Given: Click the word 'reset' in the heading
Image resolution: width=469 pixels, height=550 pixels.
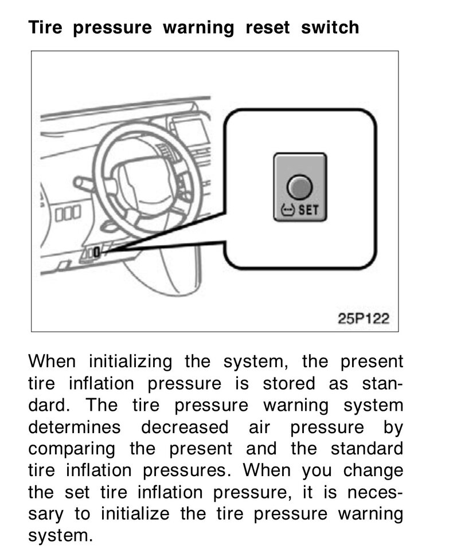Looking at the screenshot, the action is pos(268,27).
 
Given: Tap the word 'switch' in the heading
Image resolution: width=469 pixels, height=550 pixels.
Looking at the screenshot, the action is pos(330,27).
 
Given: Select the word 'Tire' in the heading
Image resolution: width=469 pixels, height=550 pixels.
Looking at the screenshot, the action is pos(45,27).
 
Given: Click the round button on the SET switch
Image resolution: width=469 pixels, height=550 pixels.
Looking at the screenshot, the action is pos(299,187).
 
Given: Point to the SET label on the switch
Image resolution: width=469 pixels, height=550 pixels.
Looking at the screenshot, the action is pos(308,210).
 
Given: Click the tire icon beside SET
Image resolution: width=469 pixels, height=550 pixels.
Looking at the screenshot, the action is pos(288,210).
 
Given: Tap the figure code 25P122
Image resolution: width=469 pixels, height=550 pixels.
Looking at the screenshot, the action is pos(364,319).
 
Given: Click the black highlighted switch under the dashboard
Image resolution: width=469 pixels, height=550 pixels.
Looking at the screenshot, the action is pos(97,252).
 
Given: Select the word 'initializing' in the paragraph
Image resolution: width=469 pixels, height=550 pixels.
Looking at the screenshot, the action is pos(130,362).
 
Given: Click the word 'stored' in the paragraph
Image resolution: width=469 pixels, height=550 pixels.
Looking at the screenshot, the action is pos(289,383).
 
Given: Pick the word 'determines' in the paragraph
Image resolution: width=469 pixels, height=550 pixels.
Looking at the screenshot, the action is pos(75,427).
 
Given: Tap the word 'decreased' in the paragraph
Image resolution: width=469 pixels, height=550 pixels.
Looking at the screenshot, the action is pos(185,427).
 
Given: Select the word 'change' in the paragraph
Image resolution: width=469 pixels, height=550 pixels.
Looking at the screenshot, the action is pos(373,472).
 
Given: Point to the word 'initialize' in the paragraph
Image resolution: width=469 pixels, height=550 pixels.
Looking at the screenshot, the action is pos(135,514).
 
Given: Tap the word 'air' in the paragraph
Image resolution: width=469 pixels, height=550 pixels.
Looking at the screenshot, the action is pos(259,427).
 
